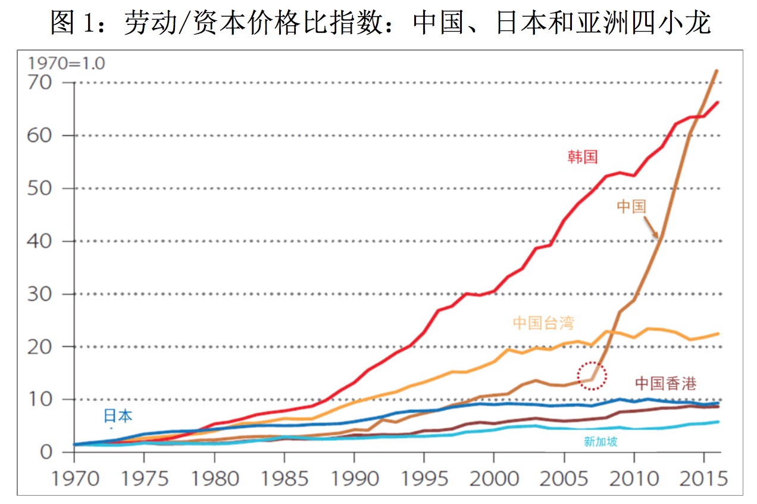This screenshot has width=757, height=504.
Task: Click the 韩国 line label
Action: (x=582, y=157)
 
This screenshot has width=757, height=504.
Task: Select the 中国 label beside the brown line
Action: (x=631, y=207)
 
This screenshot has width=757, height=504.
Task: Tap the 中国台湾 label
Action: (x=543, y=323)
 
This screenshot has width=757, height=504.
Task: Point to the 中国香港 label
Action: (x=665, y=383)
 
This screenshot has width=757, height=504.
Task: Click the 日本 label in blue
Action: (x=118, y=416)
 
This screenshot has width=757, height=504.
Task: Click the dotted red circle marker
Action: (x=592, y=376)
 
